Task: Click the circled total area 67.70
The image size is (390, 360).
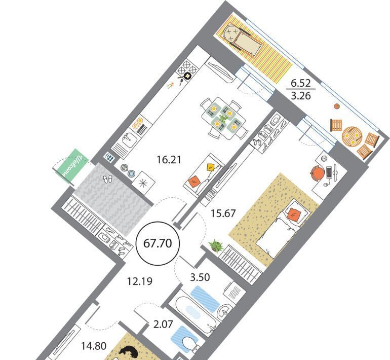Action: coord(158,243)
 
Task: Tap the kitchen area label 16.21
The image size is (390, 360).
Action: coord(169,160)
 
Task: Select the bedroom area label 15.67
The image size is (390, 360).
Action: coord(223,213)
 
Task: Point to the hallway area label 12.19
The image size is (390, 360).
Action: coord(139,281)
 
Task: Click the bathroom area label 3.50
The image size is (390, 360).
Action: coord(200,277)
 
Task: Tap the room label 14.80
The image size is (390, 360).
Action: coord(94,346)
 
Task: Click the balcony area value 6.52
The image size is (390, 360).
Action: coord(301,83)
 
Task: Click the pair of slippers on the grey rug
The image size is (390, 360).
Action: coord(107,179)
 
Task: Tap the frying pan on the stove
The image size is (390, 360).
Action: coord(185,77)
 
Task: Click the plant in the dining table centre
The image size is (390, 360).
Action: coord(223,118)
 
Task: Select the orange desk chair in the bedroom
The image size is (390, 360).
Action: coord(318,173)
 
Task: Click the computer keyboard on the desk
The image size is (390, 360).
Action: coord(329,172)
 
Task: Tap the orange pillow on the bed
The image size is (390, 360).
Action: coord(295,214)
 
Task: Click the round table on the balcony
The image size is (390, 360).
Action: coord(351,136)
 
